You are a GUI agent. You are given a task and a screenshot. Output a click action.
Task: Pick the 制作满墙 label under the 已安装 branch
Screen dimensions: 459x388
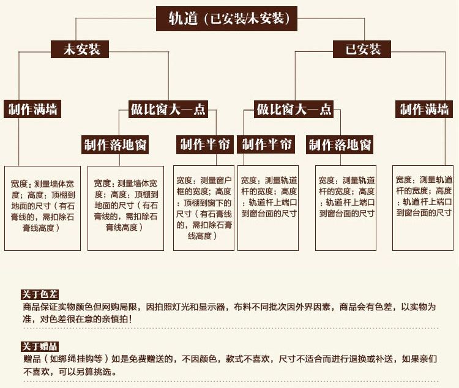[x=425, y=110]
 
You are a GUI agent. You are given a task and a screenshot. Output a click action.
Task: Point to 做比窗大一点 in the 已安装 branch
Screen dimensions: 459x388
[x=294, y=110]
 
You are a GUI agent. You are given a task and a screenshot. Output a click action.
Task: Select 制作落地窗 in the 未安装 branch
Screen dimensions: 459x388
[x=116, y=145]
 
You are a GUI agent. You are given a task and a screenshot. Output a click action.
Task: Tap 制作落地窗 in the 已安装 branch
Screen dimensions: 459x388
[x=340, y=145]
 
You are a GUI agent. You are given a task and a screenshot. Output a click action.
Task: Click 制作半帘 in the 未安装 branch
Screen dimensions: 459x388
[x=204, y=144]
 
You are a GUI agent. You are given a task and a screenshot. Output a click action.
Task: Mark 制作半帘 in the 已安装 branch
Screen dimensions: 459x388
[x=267, y=144]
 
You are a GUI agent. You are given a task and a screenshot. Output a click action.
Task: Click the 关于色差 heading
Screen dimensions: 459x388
[x=39, y=294]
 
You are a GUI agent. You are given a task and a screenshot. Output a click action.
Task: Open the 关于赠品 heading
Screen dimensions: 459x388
[x=39, y=346]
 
